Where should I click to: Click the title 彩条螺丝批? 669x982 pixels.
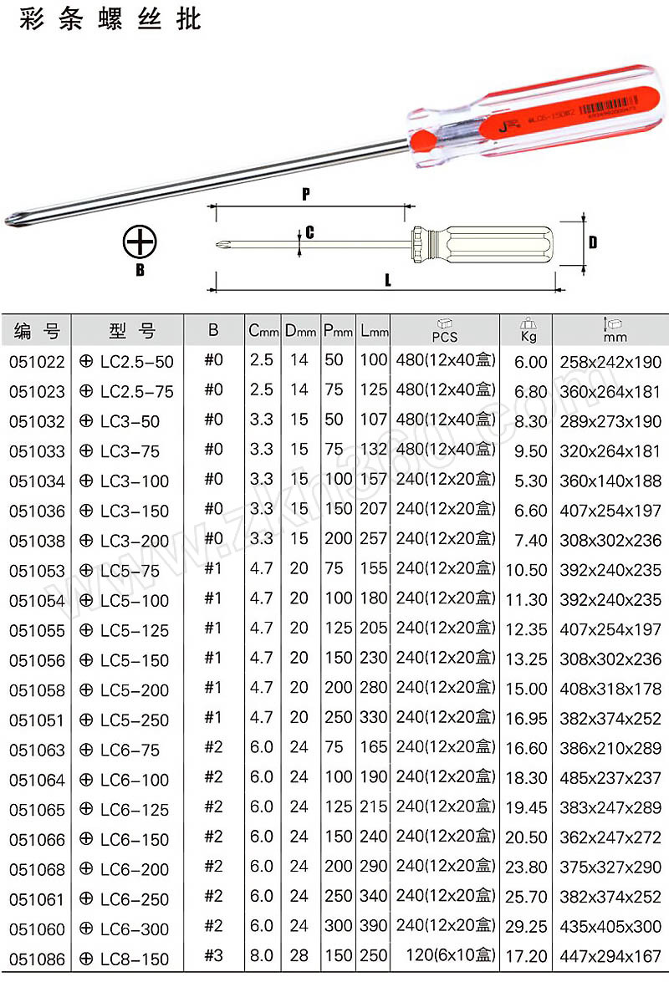[110, 18]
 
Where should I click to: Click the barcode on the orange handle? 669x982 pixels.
[609, 106]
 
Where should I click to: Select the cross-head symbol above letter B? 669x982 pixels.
[139, 242]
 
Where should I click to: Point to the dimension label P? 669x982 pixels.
[306, 194]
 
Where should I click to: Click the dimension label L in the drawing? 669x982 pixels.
[388, 280]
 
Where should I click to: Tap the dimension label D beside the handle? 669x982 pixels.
[593, 242]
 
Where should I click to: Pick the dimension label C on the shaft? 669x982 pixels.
[310, 233]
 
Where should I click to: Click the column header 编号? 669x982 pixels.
[37, 330]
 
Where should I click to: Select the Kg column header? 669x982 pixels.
[528, 330]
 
